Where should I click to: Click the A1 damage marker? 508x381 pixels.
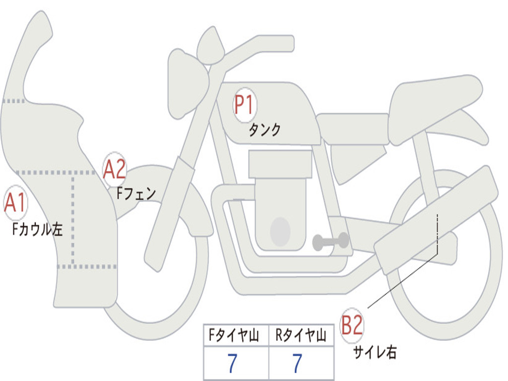click(15, 202)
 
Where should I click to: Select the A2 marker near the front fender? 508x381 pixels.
click(115, 169)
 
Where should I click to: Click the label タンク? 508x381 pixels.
click(265, 129)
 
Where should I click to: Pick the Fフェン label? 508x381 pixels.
click(136, 193)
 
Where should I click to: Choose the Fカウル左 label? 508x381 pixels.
click(37, 229)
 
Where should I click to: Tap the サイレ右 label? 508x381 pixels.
click(375, 352)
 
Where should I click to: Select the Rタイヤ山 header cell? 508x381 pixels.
click(301, 335)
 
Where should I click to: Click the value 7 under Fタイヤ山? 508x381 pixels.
click(232, 363)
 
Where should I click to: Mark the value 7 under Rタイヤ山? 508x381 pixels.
click(298, 363)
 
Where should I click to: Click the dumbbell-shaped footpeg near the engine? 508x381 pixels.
click(331, 242)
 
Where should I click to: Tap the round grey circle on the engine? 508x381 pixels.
click(280, 232)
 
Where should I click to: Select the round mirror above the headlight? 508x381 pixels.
click(210, 45)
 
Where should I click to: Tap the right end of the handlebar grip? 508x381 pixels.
click(293, 43)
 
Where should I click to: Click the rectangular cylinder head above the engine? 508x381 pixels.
click(280, 164)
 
